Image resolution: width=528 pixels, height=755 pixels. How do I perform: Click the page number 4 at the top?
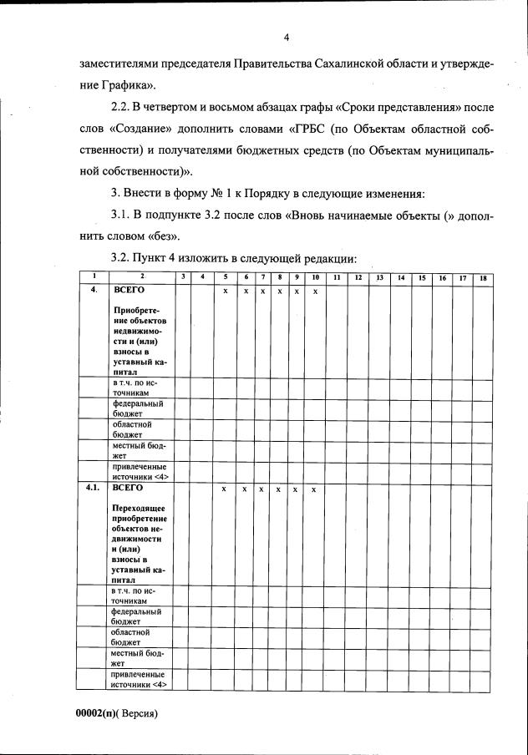pyautogui.click(x=286, y=38)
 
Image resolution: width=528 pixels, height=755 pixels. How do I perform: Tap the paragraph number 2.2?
pyautogui.click(x=124, y=108)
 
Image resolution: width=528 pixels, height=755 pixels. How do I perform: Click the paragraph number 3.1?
pyautogui.click(x=124, y=216)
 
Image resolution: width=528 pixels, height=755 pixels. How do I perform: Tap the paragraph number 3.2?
pyautogui.click(x=124, y=258)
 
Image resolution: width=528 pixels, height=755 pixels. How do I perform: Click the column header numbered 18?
pyautogui.click(x=483, y=276)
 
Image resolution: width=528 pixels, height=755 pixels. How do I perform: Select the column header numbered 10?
pyautogui.click(x=314, y=276)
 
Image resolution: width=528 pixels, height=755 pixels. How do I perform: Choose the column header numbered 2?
pyautogui.click(x=141, y=276)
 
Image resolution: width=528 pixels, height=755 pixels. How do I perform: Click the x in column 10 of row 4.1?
pyautogui.click(x=313, y=489)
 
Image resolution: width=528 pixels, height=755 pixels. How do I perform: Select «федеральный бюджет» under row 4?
pyautogui.click(x=138, y=408)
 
